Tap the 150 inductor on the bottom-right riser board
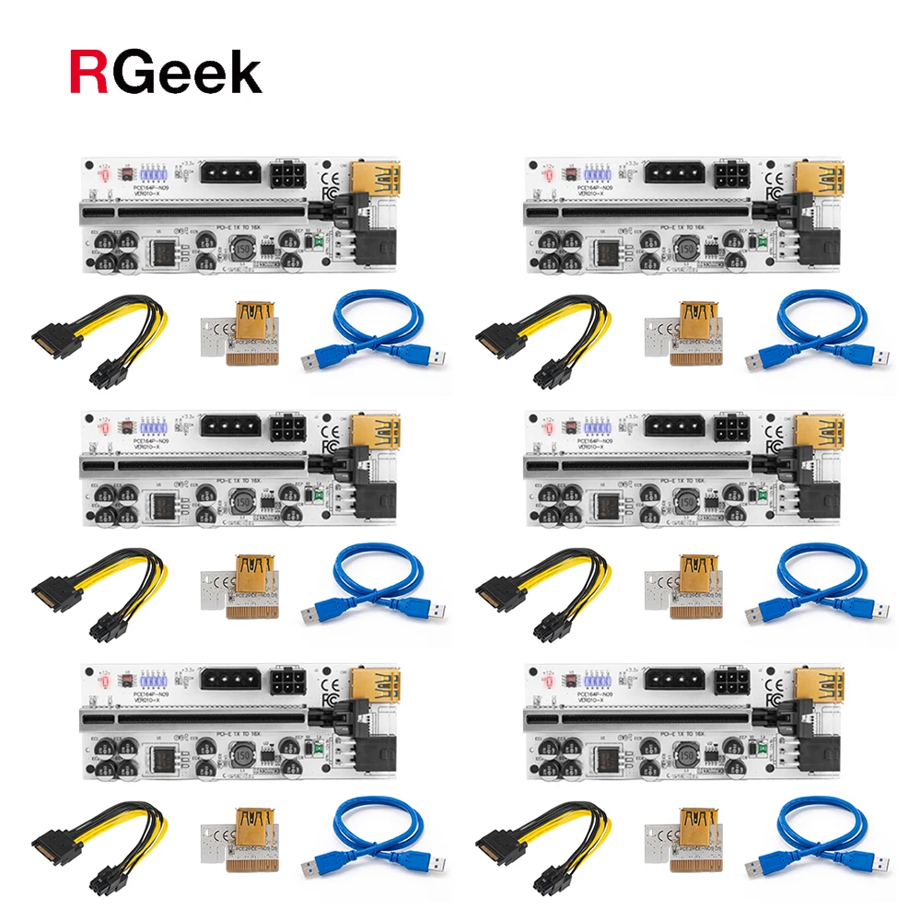point(685,754)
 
